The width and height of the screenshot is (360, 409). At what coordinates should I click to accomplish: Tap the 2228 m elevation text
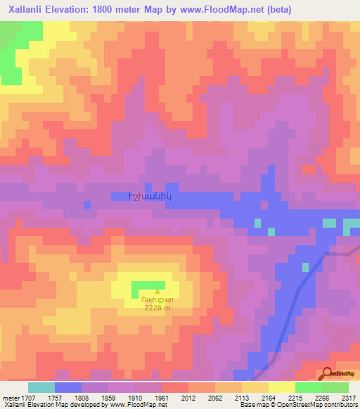point(157,307)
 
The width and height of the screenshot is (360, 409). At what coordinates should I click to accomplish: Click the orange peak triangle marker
point(157,291)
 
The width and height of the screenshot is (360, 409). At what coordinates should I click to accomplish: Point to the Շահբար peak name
point(157,299)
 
